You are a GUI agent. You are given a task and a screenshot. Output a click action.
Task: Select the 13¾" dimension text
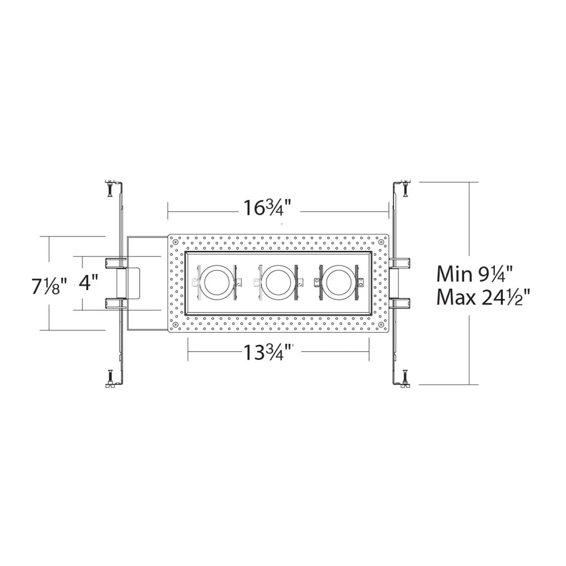tap(268, 352)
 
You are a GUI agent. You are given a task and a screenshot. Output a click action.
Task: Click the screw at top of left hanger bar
tap(109, 189)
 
